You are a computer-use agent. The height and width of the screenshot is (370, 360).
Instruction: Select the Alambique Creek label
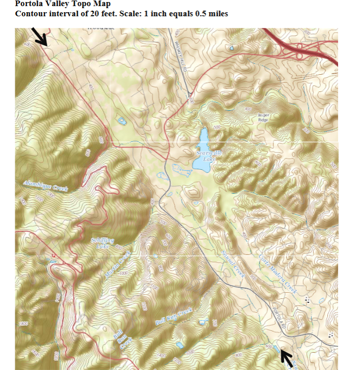click(x=46, y=186)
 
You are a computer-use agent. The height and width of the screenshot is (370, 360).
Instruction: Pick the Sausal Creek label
click(x=233, y=264)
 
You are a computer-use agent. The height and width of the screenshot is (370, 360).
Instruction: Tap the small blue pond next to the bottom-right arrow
click(x=276, y=348)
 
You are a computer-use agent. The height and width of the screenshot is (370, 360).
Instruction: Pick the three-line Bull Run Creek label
click(x=119, y=337)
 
